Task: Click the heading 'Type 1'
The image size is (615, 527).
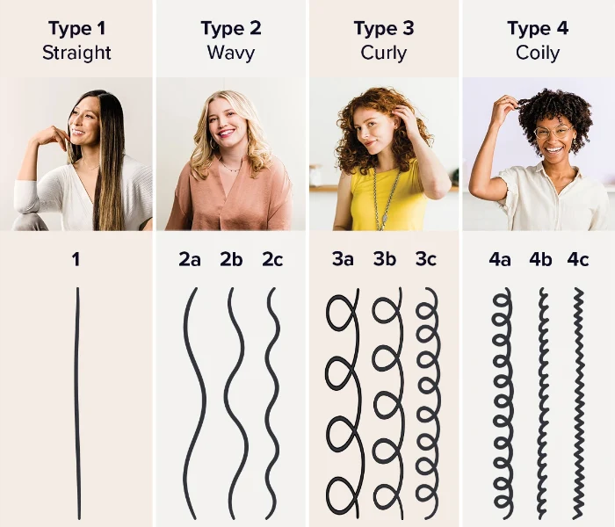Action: point(77,28)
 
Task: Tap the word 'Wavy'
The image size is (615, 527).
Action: point(231,53)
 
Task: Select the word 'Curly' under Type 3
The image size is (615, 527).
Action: point(384,54)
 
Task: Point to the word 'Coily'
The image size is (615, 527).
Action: point(538,54)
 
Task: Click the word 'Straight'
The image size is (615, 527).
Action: point(76,54)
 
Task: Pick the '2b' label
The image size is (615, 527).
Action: point(231,259)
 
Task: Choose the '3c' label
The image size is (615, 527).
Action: point(425,259)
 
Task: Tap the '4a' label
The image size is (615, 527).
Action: point(500,259)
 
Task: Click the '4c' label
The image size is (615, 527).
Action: point(578,259)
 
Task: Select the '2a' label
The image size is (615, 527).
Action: point(190,259)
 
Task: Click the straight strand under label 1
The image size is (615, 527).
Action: point(77,403)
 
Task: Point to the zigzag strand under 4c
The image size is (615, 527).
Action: point(579,403)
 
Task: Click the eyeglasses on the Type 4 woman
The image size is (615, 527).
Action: point(552,132)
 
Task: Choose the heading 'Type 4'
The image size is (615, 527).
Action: point(538,28)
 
